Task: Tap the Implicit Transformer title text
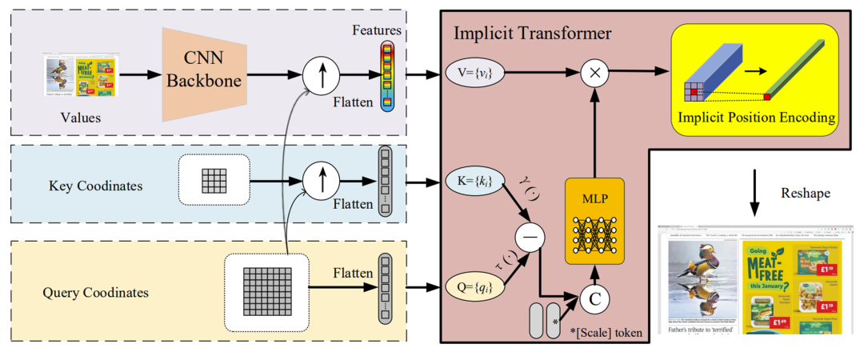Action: [533, 34]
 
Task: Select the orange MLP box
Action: [594, 221]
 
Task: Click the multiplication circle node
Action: [594, 73]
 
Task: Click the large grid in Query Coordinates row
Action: [266, 293]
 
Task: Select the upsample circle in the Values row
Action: [319, 74]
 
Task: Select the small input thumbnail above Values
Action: [81, 74]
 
